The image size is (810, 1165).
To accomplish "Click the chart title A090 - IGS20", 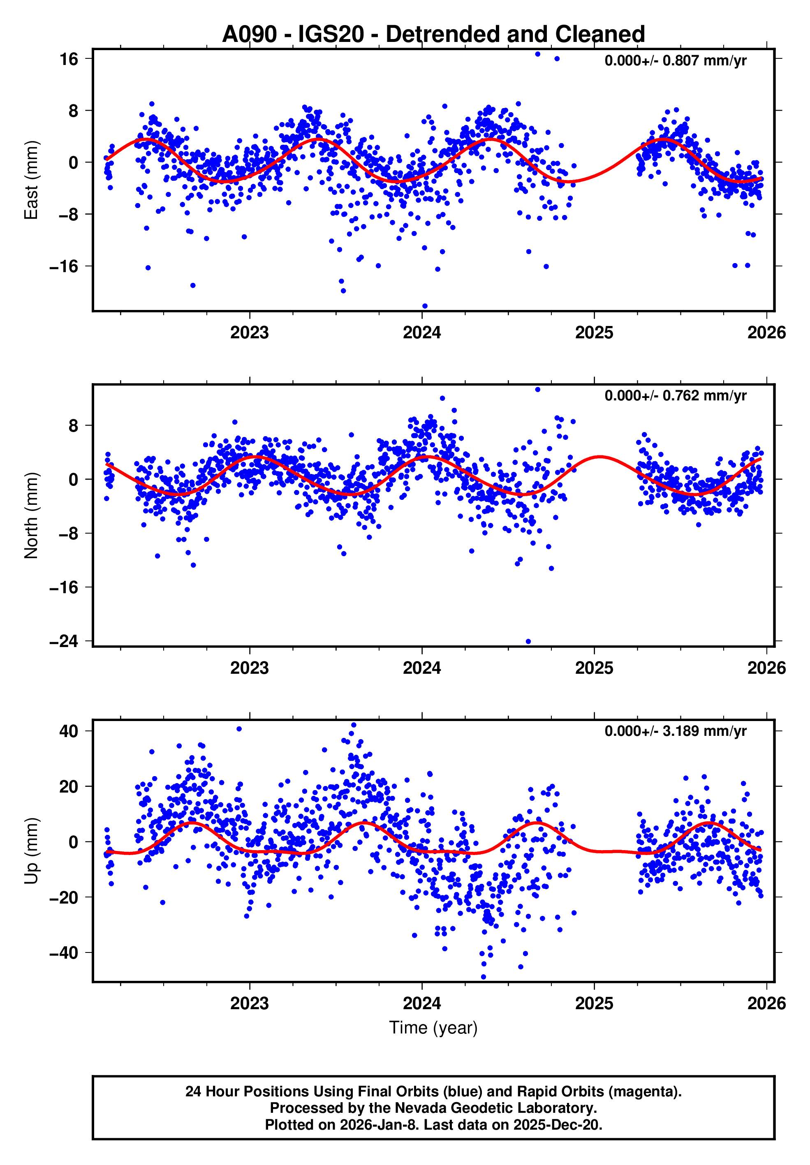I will point(433,35).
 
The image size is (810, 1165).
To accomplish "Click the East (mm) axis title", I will point(32,180).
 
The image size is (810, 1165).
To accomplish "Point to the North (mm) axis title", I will point(32,515).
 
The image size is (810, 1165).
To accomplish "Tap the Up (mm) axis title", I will point(32,851).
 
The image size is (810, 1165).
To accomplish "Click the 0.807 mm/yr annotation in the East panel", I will point(675,61).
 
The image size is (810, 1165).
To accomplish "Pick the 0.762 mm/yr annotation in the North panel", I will point(675,396).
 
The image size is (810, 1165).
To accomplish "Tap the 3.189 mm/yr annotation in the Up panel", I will point(675,731).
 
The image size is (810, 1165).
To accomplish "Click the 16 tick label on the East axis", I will point(69,59).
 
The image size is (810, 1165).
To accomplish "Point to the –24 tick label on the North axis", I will point(64,641).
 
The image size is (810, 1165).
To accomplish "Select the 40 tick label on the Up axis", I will point(69,731).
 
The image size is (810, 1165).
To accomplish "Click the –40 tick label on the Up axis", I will point(64,953).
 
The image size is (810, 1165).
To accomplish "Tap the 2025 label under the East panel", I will point(594,333).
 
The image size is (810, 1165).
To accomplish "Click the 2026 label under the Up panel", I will point(766,1003).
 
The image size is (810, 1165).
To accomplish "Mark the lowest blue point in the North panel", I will point(528,641).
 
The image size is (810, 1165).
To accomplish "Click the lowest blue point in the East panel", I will point(425,306).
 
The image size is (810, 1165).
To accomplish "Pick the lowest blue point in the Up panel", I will point(483,977).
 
